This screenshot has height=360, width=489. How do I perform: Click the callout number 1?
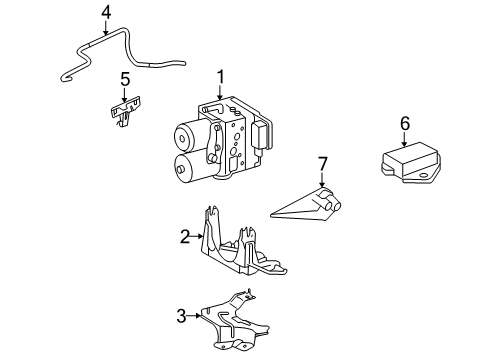click(220, 77)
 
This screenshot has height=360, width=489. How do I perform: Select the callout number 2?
click(185, 236)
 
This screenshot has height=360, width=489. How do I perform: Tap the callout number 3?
click(181, 316)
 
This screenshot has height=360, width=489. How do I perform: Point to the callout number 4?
click(106, 13)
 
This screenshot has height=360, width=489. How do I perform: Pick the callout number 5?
click(125, 79)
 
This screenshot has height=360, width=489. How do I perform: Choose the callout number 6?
click(405, 123)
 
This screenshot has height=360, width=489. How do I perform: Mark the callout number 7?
click(322, 164)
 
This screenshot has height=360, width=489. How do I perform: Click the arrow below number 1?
click(220, 92)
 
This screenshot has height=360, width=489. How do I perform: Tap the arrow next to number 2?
click(197, 236)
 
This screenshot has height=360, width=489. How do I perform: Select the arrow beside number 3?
click(194, 315)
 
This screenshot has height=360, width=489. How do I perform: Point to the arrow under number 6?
click(405, 139)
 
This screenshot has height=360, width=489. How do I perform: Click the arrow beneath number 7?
click(322, 179)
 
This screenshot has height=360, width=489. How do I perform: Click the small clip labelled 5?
click(125, 111)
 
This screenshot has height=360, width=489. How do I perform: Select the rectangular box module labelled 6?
click(409, 162)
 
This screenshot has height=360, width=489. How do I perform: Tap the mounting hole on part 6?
click(424, 176)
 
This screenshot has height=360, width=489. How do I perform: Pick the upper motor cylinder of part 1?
click(187, 136)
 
